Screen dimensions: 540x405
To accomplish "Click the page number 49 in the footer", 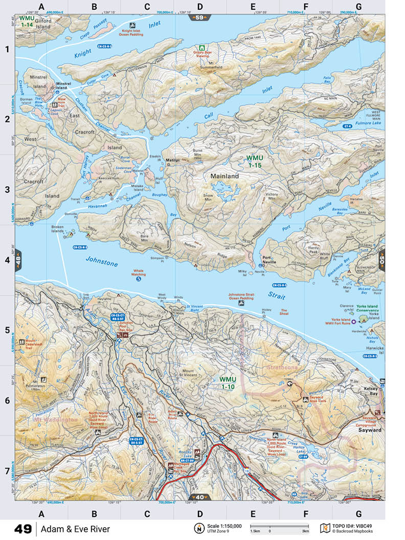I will (23, 529).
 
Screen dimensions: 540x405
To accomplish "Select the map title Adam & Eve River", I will (75, 529).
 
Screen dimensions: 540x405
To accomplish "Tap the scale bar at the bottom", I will (278, 526).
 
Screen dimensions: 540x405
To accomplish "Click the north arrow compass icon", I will (198, 528).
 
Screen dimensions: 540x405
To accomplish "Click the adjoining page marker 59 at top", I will (199, 18).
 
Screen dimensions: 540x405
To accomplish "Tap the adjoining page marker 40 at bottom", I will (199, 497).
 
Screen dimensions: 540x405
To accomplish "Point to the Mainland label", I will (224, 176).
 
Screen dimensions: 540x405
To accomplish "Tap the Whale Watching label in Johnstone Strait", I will (139, 273).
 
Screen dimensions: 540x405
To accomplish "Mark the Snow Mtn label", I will (208, 197).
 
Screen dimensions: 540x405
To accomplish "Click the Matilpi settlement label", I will (172, 160).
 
